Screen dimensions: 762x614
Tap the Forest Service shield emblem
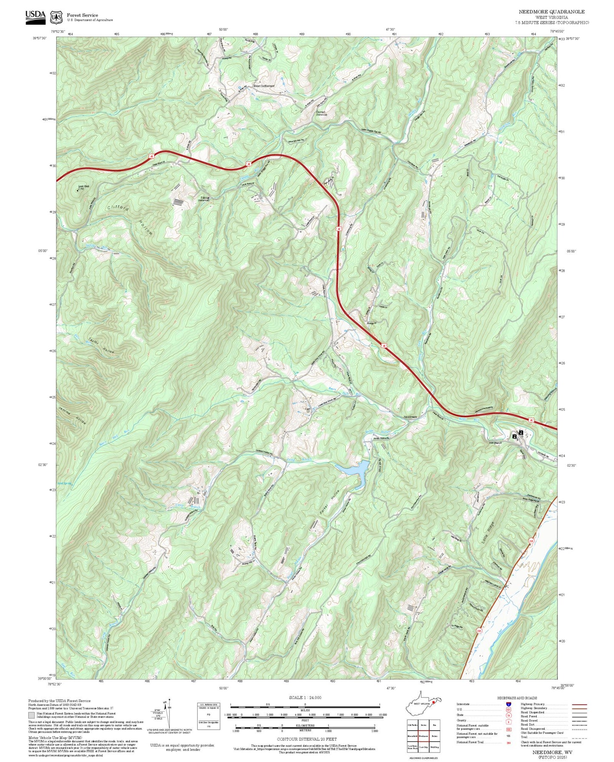55,17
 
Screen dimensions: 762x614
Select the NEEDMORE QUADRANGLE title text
552,12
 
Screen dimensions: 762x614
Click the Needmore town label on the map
410,417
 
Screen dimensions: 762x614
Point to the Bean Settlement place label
264,86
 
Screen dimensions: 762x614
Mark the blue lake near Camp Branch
353,468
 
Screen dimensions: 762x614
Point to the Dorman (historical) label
321,113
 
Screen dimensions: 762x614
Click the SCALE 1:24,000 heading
305,697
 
